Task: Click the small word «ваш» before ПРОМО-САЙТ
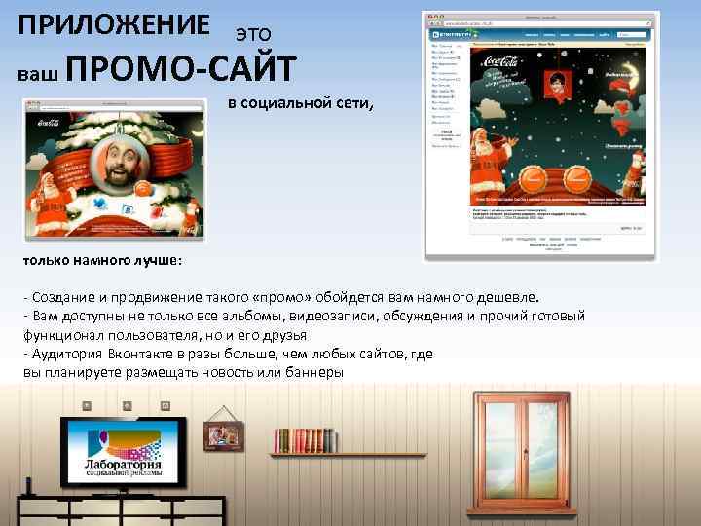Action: tap(40, 73)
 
